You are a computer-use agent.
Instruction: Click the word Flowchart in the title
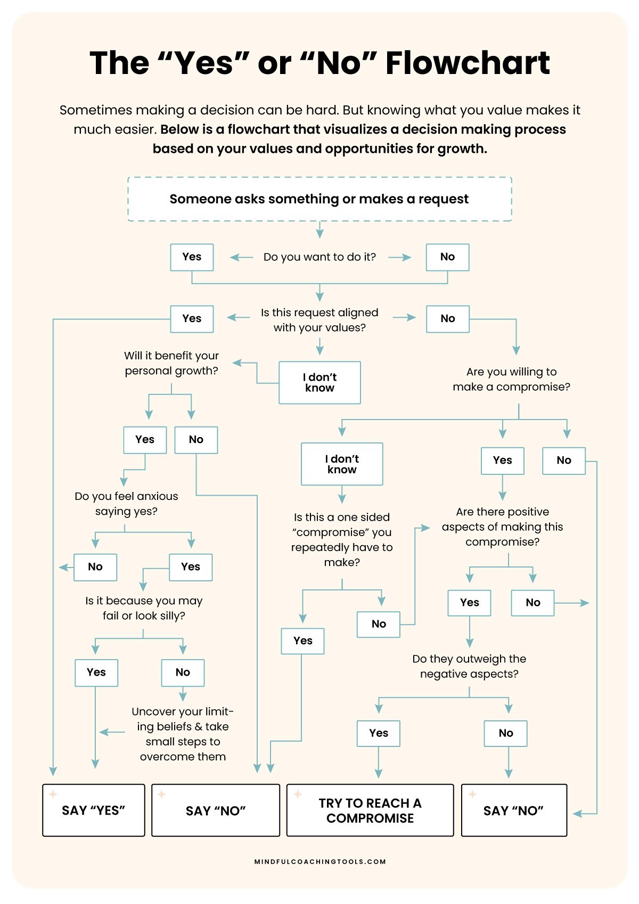[468, 63]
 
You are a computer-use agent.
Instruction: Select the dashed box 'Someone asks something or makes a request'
[319, 199]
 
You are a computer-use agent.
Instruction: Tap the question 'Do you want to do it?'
[319, 257]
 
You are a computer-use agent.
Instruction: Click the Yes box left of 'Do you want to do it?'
[192, 257]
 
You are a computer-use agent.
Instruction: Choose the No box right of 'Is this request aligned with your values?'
[447, 319]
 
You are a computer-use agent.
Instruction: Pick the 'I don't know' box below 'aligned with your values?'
[319, 383]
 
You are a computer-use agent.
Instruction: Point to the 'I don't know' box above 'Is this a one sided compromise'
[342, 464]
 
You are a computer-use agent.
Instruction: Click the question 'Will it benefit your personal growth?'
[171, 363]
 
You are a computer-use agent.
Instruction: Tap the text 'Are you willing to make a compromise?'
[511, 379]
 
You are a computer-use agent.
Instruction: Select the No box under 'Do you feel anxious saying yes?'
[95, 567]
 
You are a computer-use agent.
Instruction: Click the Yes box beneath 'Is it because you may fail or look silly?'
[96, 672]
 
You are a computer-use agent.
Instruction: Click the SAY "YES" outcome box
[94, 810]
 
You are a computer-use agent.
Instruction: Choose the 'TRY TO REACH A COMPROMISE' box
[370, 810]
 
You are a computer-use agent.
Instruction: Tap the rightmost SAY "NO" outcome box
[514, 810]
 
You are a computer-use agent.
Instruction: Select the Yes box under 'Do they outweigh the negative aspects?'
[379, 733]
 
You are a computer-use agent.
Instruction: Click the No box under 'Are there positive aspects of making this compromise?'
[532, 603]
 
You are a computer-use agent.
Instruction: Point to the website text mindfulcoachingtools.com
[320, 861]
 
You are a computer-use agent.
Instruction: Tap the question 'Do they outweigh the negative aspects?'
[469, 667]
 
